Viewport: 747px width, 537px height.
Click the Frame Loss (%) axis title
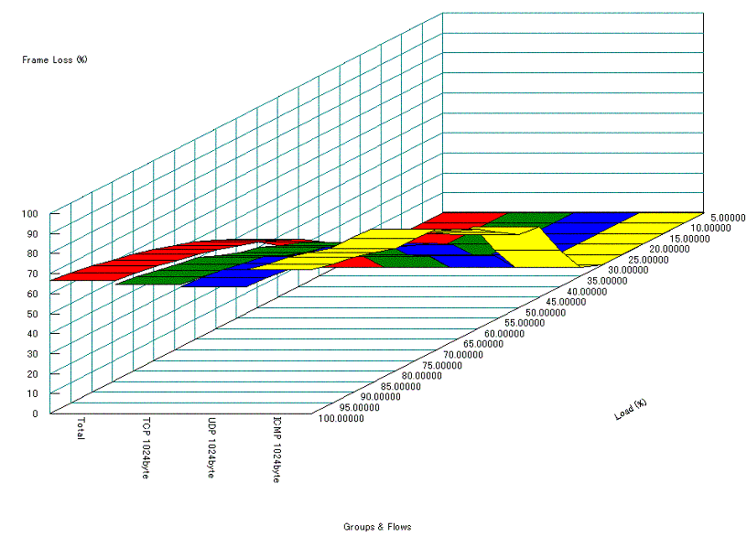(x=55, y=60)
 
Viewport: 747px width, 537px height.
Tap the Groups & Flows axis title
(x=377, y=527)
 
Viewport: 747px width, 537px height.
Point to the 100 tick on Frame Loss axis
(x=30, y=213)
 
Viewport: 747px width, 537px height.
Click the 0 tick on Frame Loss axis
(x=35, y=413)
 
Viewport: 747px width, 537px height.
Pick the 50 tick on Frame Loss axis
(x=32, y=313)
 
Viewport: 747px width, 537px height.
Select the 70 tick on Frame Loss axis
(x=32, y=274)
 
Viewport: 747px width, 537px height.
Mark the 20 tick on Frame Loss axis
(x=32, y=373)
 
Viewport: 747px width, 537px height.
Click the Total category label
(x=81, y=429)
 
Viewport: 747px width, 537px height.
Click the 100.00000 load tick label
(x=341, y=419)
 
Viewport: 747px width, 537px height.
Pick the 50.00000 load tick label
(x=546, y=312)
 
